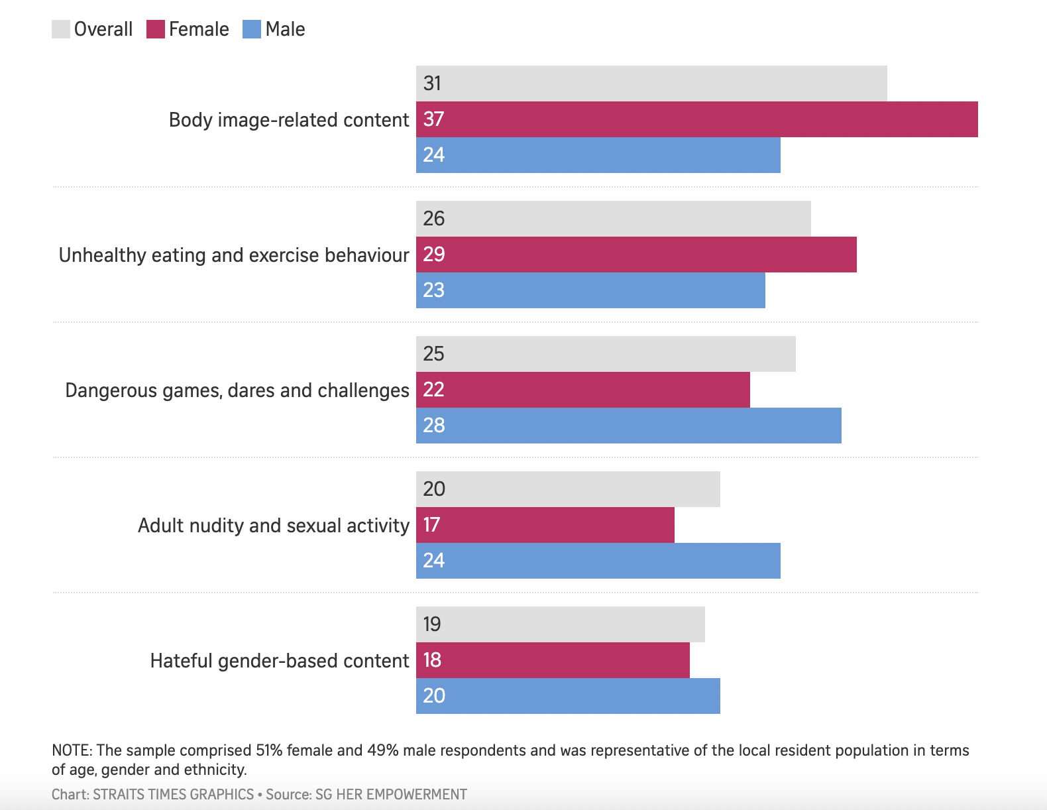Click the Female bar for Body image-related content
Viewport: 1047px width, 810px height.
(x=696, y=119)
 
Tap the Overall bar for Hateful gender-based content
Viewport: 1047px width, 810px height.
(x=560, y=624)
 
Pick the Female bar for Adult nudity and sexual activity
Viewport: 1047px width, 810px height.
(x=545, y=525)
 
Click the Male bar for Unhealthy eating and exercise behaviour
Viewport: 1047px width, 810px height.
(x=590, y=290)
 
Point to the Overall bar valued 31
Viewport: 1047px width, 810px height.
(x=651, y=84)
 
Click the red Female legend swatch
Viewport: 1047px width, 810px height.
(x=156, y=29)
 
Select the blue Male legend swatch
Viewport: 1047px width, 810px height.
(x=252, y=29)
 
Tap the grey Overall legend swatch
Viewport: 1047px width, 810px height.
(x=61, y=29)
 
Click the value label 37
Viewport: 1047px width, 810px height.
(x=433, y=119)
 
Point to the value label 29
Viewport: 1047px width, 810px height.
(x=433, y=255)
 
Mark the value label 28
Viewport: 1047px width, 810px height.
(x=433, y=426)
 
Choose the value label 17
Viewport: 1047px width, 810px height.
(x=431, y=525)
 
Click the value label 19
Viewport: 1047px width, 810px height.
(x=432, y=624)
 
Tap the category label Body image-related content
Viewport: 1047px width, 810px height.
(x=289, y=120)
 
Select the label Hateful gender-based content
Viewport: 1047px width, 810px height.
(x=280, y=661)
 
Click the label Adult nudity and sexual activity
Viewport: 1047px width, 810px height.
(x=274, y=526)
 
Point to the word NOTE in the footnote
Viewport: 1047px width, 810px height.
(x=72, y=750)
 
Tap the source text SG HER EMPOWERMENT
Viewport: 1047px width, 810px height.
(x=391, y=794)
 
